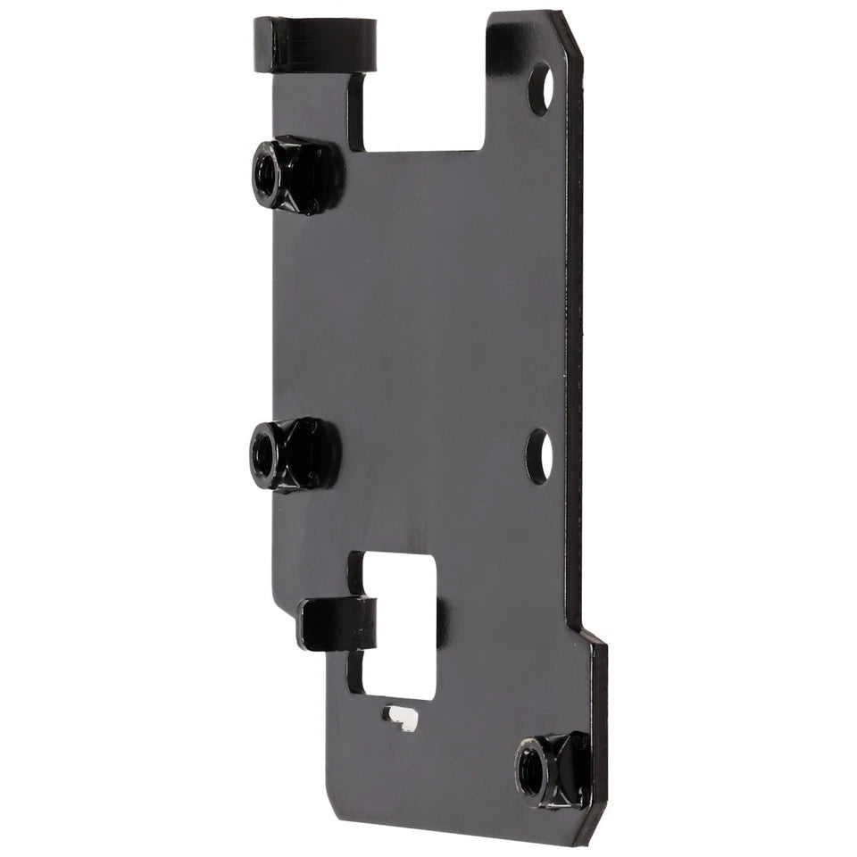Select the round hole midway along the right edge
(x=538, y=456)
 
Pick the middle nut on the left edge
(x=294, y=454)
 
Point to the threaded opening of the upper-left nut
(x=265, y=168)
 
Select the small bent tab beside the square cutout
(x=335, y=624)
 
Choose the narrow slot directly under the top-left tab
(x=356, y=112)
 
